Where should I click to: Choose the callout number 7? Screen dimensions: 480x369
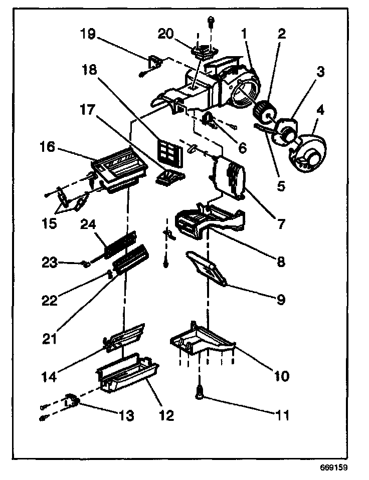click(x=280, y=220)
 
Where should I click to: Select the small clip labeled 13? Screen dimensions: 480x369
click(x=72, y=401)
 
